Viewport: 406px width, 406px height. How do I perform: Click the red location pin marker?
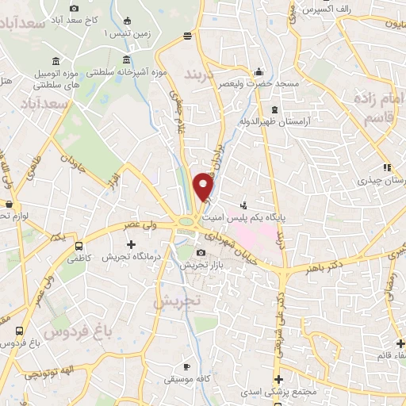204,187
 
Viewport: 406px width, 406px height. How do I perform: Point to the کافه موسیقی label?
187,379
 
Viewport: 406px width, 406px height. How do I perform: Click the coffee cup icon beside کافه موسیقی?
186,366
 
